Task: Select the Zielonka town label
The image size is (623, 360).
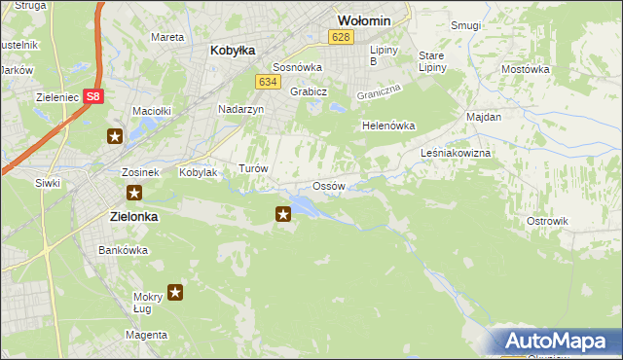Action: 128,218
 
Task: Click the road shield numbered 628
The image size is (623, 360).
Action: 339,37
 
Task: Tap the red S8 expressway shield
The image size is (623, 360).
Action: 92,96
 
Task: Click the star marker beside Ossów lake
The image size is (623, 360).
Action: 283,213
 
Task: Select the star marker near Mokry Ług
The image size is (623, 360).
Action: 175,291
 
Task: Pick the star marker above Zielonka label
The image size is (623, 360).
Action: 134,193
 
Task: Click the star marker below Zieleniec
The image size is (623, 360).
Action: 115,136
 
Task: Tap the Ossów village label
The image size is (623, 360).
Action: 329,186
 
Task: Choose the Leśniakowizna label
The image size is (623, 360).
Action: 456,154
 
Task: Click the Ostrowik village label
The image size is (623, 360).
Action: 547,221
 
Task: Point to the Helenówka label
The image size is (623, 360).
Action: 388,126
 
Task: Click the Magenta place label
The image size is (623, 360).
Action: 146,335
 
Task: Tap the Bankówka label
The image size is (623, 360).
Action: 123,250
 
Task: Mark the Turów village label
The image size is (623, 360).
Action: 253,168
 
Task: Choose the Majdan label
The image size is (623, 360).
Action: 484,117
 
